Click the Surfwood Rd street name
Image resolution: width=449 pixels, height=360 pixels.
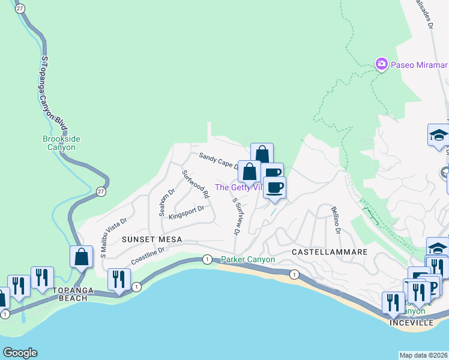[x=195, y=184]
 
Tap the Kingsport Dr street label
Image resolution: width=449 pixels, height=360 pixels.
[x=187, y=213]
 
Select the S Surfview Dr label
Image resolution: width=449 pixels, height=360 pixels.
[x=237, y=217]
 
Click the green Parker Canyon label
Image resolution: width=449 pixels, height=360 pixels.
[x=247, y=260]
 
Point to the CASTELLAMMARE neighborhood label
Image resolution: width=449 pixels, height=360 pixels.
[x=329, y=253]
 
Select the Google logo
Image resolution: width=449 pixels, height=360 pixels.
[x=20, y=353]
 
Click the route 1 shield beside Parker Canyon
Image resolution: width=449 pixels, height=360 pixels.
[x=207, y=259]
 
